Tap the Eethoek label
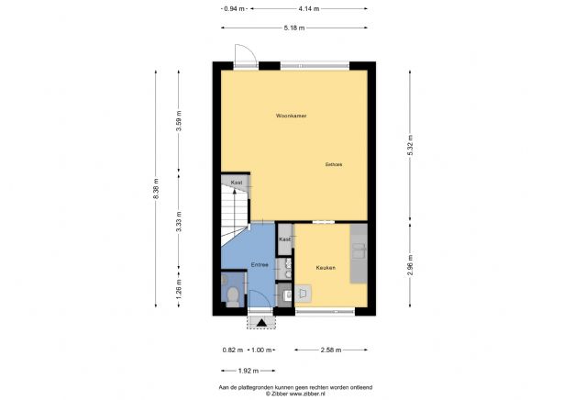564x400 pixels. click(x=333, y=165)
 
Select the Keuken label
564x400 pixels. click(x=325, y=268)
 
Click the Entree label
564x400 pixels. click(x=260, y=265)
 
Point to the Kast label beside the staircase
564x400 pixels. click(x=237, y=183)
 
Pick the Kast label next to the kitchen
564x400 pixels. click(x=284, y=239)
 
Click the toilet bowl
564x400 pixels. click(x=233, y=295)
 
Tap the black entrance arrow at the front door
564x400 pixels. click(x=261, y=322)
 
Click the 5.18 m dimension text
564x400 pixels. click(x=293, y=28)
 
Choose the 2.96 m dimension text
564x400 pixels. click(x=410, y=265)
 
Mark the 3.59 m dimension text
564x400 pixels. click(x=180, y=122)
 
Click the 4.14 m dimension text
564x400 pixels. click(x=309, y=8)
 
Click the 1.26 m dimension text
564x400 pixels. click(x=180, y=292)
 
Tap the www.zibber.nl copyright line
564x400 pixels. click(x=282, y=394)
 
